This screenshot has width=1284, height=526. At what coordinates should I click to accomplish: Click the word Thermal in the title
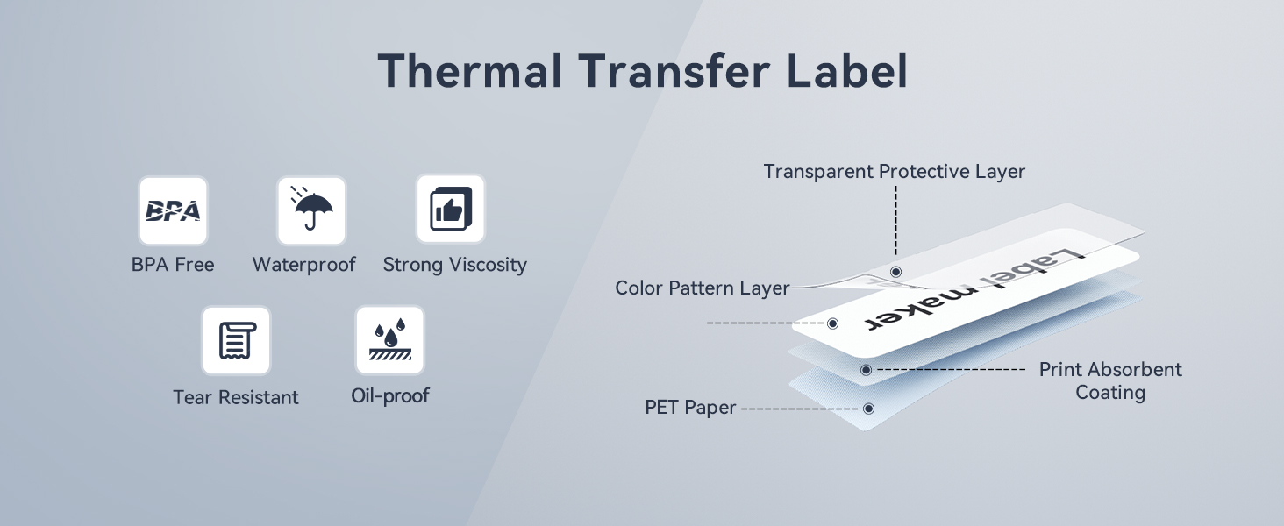469,70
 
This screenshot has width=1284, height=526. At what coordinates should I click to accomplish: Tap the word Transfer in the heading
674,70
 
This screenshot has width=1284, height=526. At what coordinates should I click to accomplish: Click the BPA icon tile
173,211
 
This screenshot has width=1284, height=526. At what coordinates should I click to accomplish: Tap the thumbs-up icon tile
451,210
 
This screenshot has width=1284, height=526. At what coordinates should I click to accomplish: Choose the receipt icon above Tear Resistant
236,340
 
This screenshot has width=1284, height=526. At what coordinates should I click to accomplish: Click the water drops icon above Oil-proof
389,340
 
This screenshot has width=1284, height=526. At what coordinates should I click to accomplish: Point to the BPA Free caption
173,265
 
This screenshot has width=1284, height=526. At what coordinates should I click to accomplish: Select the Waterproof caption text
303,265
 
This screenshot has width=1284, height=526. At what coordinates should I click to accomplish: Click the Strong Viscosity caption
454,265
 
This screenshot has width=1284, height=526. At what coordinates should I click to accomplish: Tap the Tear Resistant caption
236,397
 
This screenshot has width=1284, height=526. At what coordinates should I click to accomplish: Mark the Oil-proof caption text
389,395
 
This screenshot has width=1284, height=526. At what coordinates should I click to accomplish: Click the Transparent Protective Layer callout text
895,171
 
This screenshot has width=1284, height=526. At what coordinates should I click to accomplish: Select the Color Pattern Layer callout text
703,288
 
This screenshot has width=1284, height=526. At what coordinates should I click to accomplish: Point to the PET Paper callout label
690,408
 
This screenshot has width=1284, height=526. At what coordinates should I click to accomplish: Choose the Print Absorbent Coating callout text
1110,381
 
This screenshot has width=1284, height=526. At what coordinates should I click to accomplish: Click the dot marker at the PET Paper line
868,409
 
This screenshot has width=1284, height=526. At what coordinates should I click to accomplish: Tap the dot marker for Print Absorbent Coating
867,370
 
